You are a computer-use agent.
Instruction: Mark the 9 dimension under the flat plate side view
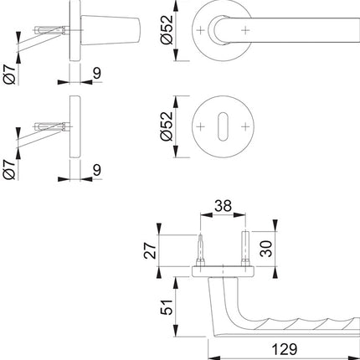(x=97, y=171)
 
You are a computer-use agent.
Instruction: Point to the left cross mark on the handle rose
(x=203, y=30)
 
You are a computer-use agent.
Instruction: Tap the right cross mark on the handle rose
(x=244, y=30)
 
